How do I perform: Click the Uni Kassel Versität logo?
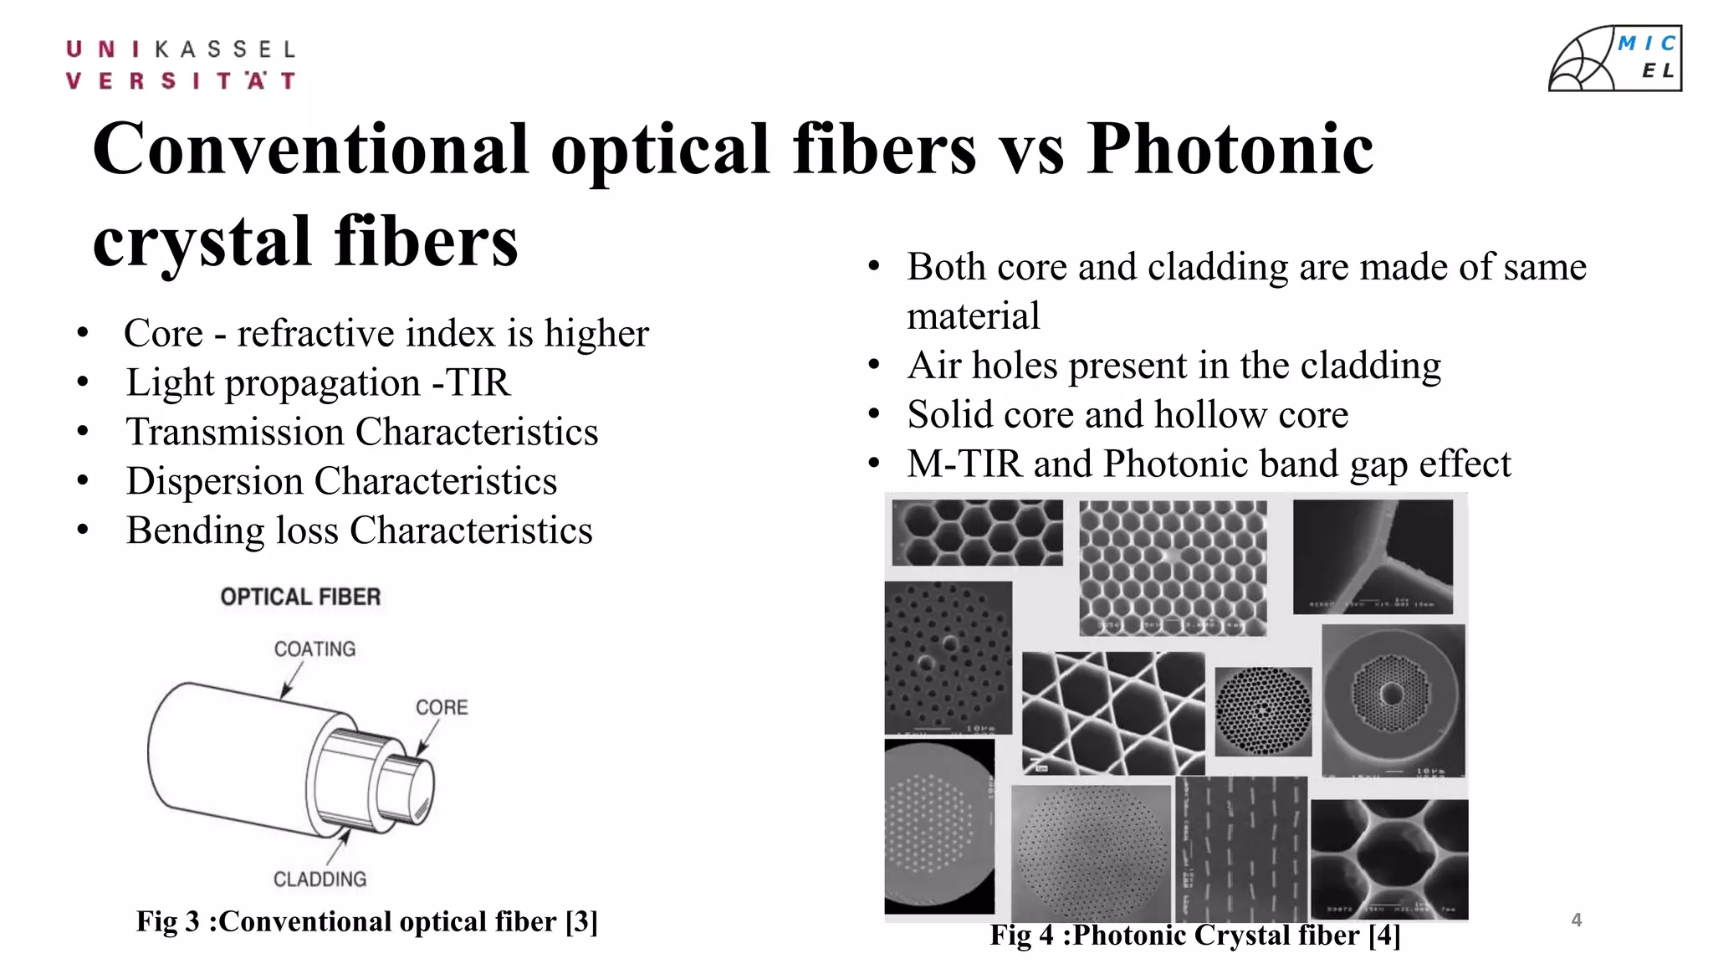point(181,64)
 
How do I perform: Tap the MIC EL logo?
point(1614,59)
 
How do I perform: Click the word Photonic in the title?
point(1230,149)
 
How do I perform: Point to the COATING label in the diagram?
point(314,649)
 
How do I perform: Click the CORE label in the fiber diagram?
point(442,708)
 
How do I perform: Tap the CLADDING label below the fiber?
point(320,879)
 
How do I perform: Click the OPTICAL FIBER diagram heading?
point(300,597)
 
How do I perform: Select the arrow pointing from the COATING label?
point(289,682)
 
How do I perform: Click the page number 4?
point(1577,920)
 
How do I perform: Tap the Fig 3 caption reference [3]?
point(581,921)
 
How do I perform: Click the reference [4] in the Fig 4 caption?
point(1384,935)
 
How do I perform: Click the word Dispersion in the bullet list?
point(214,481)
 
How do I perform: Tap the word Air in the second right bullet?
point(933,366)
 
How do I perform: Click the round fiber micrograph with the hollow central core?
point(1393,699)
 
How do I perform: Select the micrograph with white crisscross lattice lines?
point(1112,713)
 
